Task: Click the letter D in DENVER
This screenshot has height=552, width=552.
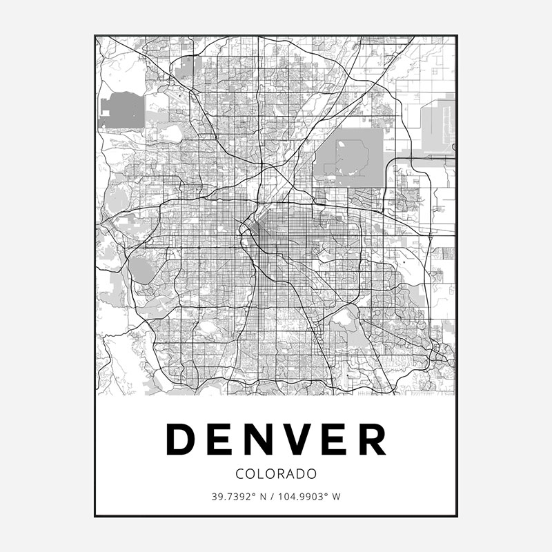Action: pyautogui.click(x=182, y=438)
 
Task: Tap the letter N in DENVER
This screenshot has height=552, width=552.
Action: pyautogui.click(x=259, y=438)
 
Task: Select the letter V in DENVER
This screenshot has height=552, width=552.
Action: pyautogui.click(x=300, y=438)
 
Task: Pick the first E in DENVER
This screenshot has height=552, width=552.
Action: pyautogui.click(x=221, y=438)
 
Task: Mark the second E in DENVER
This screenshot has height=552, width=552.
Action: pyautogui.click(x=335, y=438)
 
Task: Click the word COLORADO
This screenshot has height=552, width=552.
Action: pyautogui.click(x=276, y=474)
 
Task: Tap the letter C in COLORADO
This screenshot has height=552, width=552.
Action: pyautogui.click(x=239, y=474)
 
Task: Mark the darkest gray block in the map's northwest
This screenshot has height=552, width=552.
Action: pyautogui.click(x=121, y=111)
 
